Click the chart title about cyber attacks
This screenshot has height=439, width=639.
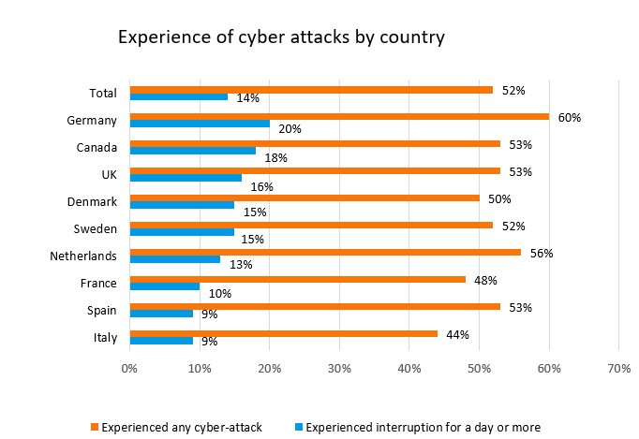(280, 37)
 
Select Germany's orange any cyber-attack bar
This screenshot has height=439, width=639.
(339, 117)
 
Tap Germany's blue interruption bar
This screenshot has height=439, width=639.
(200, 123)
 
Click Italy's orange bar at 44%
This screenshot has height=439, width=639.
(283, 333)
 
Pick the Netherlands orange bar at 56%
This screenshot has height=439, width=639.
(325, 252)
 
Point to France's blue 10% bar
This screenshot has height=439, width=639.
(165, 285)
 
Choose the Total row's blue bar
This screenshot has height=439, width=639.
(179, 95)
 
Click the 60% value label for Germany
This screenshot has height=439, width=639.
(570, 118)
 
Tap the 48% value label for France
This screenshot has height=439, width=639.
(485, 280)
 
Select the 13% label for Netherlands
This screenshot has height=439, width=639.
(241, 265)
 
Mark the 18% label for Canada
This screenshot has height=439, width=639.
(275, 157)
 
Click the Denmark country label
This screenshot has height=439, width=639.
(93, 201)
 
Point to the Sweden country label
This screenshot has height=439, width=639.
(96, 228)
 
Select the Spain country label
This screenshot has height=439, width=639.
(100, 310)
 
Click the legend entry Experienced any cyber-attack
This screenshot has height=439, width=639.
(181, 428)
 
